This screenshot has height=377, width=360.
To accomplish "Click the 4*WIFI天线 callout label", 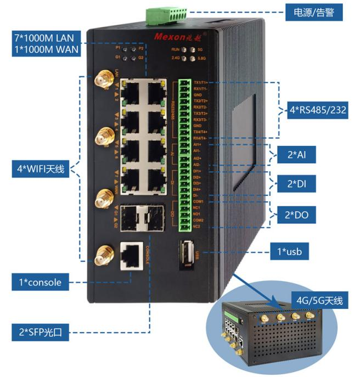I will click(x=38, y=169).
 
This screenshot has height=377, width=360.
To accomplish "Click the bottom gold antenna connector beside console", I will click(x=102, y=255).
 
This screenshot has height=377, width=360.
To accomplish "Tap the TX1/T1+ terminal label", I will click(x=200, y=82).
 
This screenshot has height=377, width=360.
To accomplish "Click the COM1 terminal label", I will click(x=199, y=202).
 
